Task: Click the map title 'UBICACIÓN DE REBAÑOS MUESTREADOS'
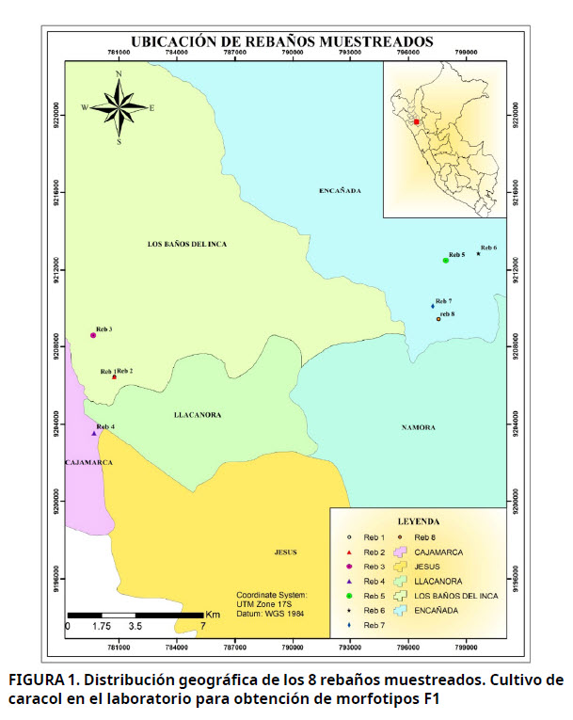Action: coord(282,42)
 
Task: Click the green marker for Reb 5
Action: coord(445,260)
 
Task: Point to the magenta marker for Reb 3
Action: coord(93,335)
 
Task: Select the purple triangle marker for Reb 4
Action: coord(94,433)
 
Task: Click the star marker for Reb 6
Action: coord(479,253)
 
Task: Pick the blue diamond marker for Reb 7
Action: coord(433,306)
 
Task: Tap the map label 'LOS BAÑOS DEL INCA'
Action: coord(187,244)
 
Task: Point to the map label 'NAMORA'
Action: coord(419,427)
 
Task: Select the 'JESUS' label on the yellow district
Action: coord(286,552)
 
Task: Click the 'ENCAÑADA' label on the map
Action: coord(340,191)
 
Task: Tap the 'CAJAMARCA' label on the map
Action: coord(89,463)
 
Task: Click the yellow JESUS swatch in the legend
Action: coord(399,567)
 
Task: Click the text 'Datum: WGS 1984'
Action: coord(274,613)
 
